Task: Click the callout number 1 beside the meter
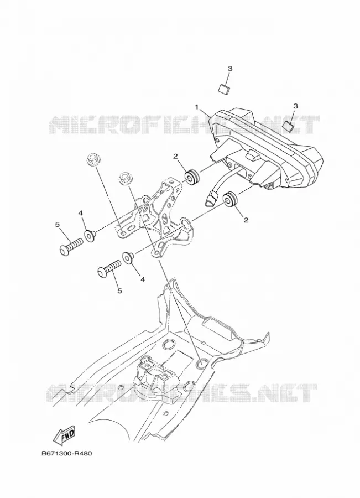[197, 107]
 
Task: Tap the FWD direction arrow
[64, 434]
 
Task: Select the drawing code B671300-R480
[67, 453]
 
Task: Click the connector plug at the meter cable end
[210, 200]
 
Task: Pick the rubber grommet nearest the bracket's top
[192, 177]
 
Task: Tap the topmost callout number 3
[230, 69]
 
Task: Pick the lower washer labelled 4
[128, 257]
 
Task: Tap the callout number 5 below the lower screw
[119, 290]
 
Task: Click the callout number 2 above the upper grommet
[175, 156]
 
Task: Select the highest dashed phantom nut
[93, 158]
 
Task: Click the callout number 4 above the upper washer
[81, 214]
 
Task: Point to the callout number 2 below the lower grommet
[246, 220]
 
